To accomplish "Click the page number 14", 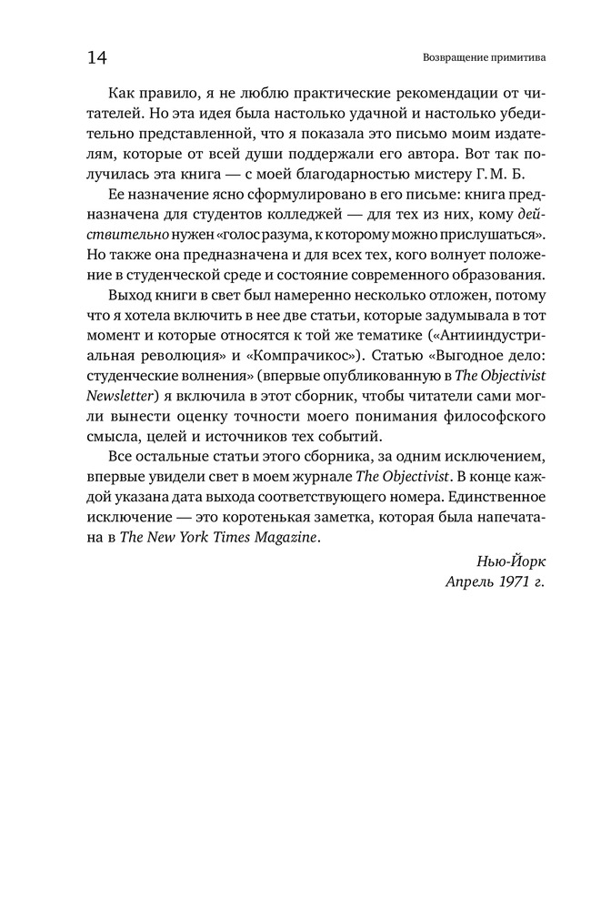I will tap(97, 58).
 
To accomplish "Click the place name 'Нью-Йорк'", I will tap(510, 559).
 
